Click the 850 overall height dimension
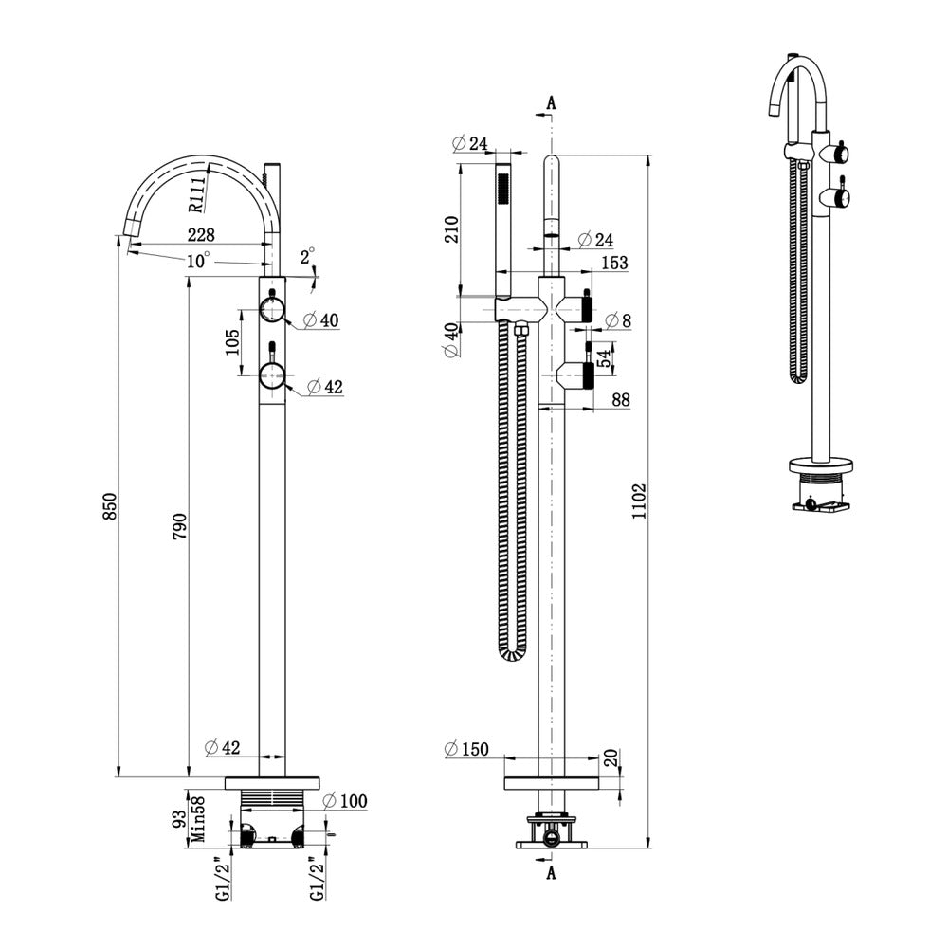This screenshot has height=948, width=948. point(109,506)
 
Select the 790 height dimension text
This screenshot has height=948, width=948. point(179,526)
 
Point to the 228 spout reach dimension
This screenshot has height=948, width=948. point(201,234)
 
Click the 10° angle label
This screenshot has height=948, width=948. point(198,261)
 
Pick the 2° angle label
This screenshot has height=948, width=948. point(308,256)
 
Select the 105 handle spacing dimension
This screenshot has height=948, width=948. point(233,342)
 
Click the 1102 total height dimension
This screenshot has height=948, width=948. point(639,501)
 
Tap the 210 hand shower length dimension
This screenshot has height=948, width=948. point(451,229)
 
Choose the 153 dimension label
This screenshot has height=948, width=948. point(615,263)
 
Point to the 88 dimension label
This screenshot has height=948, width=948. point(621,400)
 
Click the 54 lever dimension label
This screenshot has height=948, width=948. point(604,358)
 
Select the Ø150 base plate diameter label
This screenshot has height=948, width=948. point(466,749)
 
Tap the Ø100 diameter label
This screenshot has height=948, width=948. point(345,801)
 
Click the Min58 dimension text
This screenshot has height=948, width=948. point(198,819)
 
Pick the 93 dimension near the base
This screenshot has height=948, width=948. point(179,820)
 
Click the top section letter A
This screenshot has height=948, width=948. point(551,103)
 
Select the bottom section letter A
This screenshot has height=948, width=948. point(551,873)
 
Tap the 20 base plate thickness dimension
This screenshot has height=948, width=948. point(611,758)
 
